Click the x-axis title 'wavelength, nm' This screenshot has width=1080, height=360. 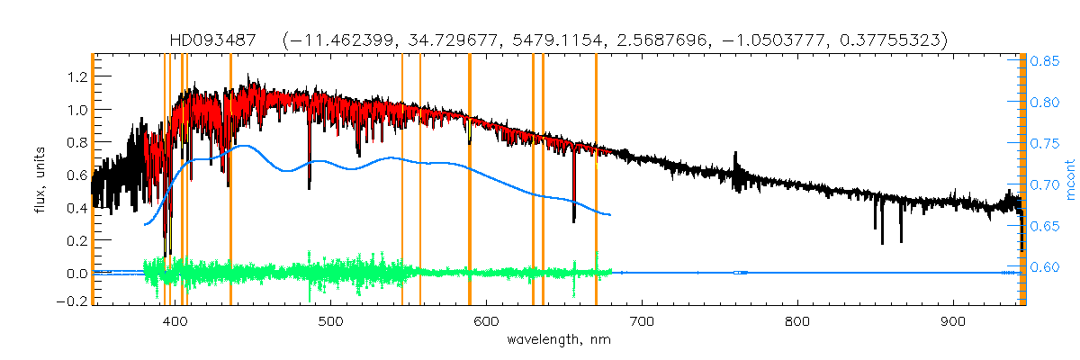(557, 340)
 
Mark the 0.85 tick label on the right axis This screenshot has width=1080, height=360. (1045, 61)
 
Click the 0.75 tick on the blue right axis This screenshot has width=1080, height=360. (1045, 144)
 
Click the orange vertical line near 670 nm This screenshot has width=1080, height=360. (596, 180)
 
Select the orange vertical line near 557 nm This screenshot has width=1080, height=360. (420, 180)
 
